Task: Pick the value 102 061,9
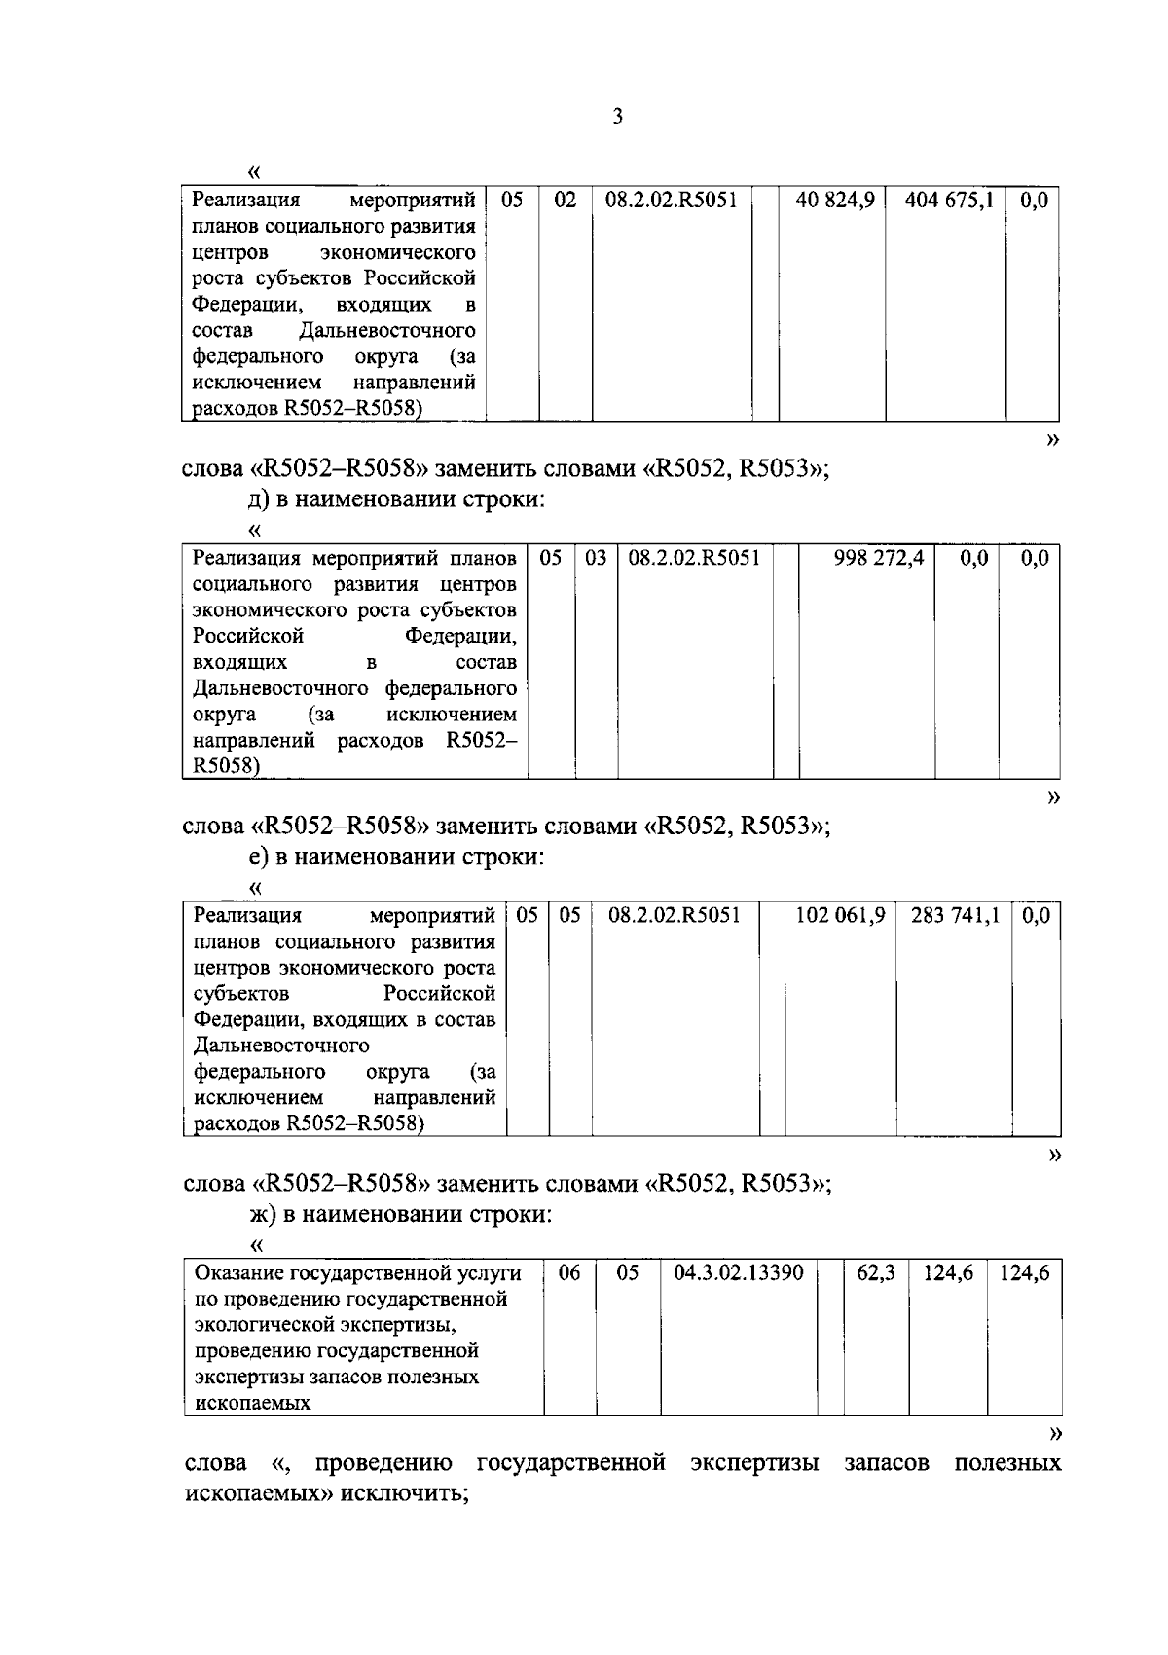pos(840,915)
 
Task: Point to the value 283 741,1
pos(955,915)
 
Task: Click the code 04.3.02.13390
pos(738,1272)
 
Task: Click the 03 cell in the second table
pos(596,558)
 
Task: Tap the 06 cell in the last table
pos(569,1272)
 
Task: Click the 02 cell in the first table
pos(566,201)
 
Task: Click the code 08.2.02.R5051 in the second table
pos(694,558)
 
